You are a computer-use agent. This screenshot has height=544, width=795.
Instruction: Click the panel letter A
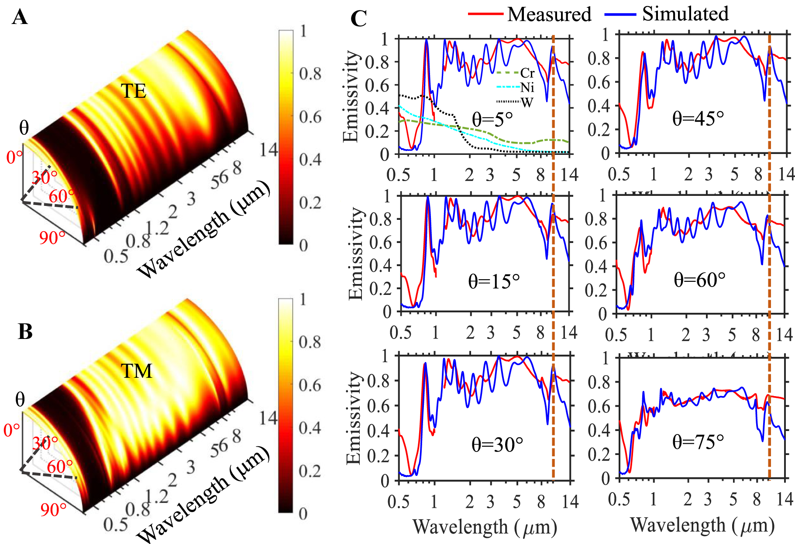pyautogui.click(x=20, y=18)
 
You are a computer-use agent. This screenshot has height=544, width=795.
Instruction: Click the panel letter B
pyautogui.click(x=25, y=332)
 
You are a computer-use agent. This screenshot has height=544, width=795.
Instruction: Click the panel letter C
pyautogui.click(x=359, y=19)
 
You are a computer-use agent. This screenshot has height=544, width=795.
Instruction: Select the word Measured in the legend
pyautogui.click(x=549, y=14)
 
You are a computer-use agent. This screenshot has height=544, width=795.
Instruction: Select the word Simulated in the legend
pyautogui.click(x=685, y=14)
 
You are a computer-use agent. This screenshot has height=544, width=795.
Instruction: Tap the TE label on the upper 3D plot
pyautogui.click(x=133, y=91)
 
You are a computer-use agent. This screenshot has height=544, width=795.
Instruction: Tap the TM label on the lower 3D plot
pyautogui.click(x=137, y=371)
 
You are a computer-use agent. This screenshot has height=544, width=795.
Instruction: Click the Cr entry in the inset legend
pyautogui.click(x=527, y=73)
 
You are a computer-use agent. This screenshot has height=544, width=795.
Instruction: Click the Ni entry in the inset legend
pyautogui.click(x=527, y=88)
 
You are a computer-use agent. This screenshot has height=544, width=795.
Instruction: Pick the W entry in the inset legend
pyautogui.click(x=527, y=103)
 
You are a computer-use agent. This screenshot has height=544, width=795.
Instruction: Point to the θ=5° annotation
pyautogui.click(x=492, y=119)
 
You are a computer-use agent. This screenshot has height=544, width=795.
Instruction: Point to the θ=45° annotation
pyautogui.click(x=698, y=118)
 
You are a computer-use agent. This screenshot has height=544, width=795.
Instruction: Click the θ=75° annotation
pyautogui.click(x=698, y=442)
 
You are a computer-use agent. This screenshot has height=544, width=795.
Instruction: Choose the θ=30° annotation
pyautogui.click(x=497, y=445)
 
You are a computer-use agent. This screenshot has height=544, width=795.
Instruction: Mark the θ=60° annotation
pyautogui.click(x=699, y=280)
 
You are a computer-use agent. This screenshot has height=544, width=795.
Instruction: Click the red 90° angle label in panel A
pyautogui.click(x=52, y=238)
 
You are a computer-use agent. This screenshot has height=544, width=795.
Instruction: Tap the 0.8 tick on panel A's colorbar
pyautogui.click(x=310, y=74)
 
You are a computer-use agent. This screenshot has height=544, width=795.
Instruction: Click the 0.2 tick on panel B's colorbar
pyautogui.click(x=310, y=471)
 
